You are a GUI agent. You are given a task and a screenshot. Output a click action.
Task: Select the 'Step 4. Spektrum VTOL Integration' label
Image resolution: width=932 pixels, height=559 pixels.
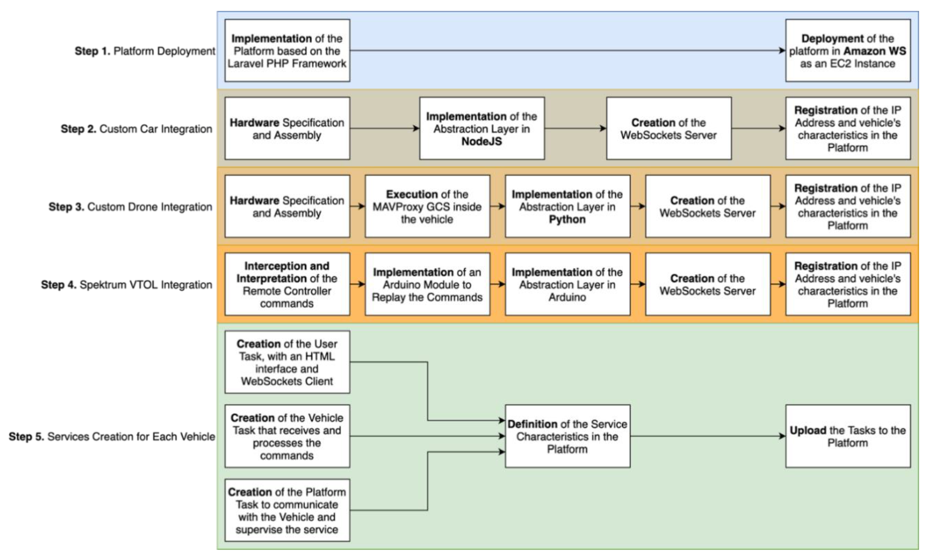click(x=127, y=285)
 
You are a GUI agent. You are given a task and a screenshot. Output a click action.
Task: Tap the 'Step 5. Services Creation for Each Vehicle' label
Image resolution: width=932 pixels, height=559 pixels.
click(x=112, y=437)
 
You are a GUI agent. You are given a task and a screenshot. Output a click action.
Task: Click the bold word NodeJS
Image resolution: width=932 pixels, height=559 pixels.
click(x=482, y=142)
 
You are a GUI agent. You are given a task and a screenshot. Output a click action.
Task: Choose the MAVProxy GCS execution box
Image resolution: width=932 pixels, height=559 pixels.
click(x=427, y=206)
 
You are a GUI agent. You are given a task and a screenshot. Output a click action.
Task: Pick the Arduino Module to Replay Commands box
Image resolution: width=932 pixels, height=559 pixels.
click(x=427, y=284)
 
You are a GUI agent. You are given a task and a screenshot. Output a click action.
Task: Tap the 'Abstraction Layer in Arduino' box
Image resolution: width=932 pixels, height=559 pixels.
click(x=567, y=284)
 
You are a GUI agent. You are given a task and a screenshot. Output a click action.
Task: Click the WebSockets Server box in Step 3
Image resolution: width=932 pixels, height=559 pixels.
click(x=707, y=206)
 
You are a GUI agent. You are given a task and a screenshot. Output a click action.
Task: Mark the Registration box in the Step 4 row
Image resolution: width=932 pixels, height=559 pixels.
click(x=848, y=284)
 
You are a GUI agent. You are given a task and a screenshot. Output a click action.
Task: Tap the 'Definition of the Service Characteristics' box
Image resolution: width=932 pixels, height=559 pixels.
click(x=567, y=437)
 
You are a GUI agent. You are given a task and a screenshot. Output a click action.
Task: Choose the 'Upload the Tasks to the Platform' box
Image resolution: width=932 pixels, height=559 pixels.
click(x=848, y=437)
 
